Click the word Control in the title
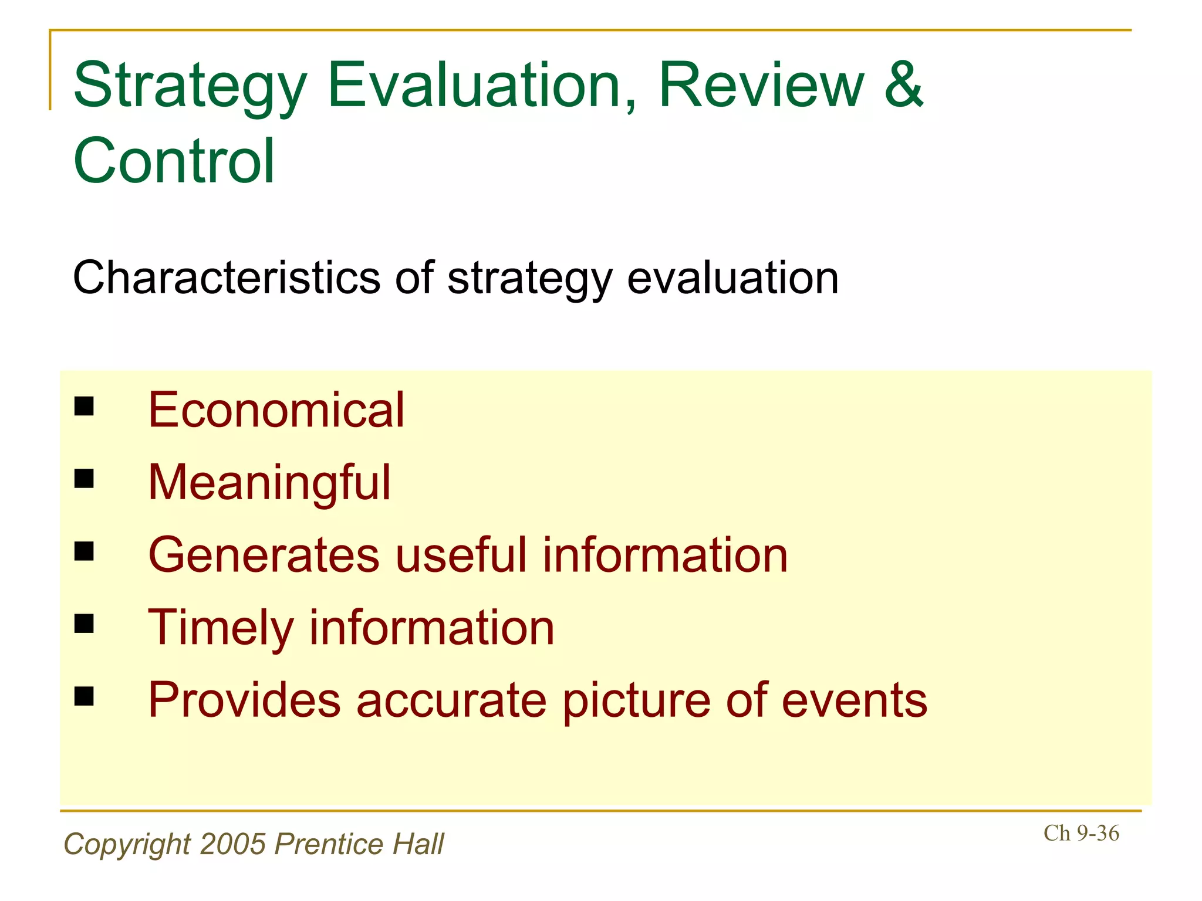click(x=174, y=161)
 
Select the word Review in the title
click(x=761, y=86)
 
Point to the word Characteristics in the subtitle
click(x=227, y=277)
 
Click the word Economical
click(x=276, y=409)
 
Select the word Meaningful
click(x=269, y=482)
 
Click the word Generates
click(x=264, y=555)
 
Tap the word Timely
click(x=221, y=628)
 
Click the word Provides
click(x=244, y=700)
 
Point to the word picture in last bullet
click(x=636, y=700)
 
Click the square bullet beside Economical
click(x=85, y=406)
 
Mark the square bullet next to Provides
click(x=85, y=696)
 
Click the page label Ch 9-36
click(x=1081, y=833)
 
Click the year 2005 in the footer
click(x=233, y=844)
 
